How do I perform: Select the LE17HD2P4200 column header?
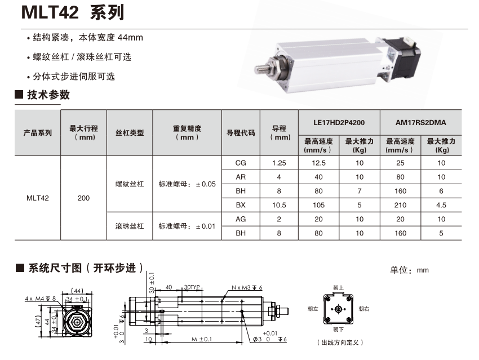click(x=339, y=123)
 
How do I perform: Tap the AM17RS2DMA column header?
click(x=420, y=123)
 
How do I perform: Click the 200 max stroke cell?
click(x=83, y=198)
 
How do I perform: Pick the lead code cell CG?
click(x=241, y=163)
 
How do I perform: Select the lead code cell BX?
click(x=241, y=205)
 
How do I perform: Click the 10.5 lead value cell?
click(x=279, y=205)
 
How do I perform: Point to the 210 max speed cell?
click(x=400, y=205)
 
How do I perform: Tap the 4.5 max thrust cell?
click(x=441, y=205)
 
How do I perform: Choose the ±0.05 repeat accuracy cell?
click(x=187, y=184)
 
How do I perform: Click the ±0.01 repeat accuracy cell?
click(x=187, y=226)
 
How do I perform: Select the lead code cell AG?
click(x=241, y=219)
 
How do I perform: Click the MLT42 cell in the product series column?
click(x=38, y=198)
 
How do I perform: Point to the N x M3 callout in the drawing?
click(x=247, y=288)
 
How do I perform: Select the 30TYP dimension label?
click(x=192, y=287)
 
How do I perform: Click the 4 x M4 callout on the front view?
click(x=41, y=299)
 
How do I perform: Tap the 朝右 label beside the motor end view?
click(x=364, y=309)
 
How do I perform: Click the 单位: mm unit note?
click(x=409, y=270)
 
